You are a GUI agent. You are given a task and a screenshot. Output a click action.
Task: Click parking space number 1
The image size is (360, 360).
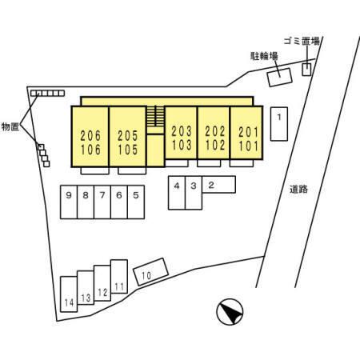(x=279, y=124)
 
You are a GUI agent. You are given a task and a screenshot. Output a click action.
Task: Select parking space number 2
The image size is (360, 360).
(x=218, y=184)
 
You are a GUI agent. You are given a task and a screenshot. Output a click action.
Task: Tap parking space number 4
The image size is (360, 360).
(x=177, y=193)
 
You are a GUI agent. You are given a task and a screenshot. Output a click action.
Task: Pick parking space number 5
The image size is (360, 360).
(x=136, y=202)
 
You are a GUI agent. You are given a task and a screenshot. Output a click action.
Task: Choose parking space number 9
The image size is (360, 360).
(x=69, y=202)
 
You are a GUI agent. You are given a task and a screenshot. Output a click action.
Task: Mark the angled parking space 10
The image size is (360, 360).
(x=150, y=272)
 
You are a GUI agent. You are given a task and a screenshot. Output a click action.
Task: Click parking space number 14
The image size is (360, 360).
(x=69, y=294)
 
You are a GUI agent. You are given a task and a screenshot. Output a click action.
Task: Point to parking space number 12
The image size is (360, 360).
(x=102, y=283)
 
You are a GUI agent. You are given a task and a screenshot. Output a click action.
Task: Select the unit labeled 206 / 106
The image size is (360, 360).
(x=90, y=137)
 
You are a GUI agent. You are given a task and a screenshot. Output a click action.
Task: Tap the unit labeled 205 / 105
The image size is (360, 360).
(x=128, y=137)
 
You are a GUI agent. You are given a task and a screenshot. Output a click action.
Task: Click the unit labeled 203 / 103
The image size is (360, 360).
(x=181, y=133)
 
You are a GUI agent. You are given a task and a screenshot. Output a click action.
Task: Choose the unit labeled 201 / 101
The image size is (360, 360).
(x=246, y=133)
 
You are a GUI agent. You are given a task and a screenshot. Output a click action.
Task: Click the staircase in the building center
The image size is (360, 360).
(x=155, y=116)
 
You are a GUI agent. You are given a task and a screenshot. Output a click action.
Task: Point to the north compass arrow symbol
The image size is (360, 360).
(x=230, y=312)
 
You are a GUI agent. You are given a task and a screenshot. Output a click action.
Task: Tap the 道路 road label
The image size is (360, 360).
(x=298, y=190)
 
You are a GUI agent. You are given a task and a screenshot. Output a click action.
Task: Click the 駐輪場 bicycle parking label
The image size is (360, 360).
(x=264, y=56)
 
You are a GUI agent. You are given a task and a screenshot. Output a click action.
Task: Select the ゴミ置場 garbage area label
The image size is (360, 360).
(x=302, y=41)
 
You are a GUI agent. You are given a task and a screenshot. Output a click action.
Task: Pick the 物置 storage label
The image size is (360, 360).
(x=10, y=126)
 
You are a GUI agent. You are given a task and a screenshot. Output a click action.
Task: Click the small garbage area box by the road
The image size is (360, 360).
(x=306, y=70)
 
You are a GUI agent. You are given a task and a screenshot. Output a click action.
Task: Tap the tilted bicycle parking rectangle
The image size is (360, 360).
(x=280, y=78)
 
